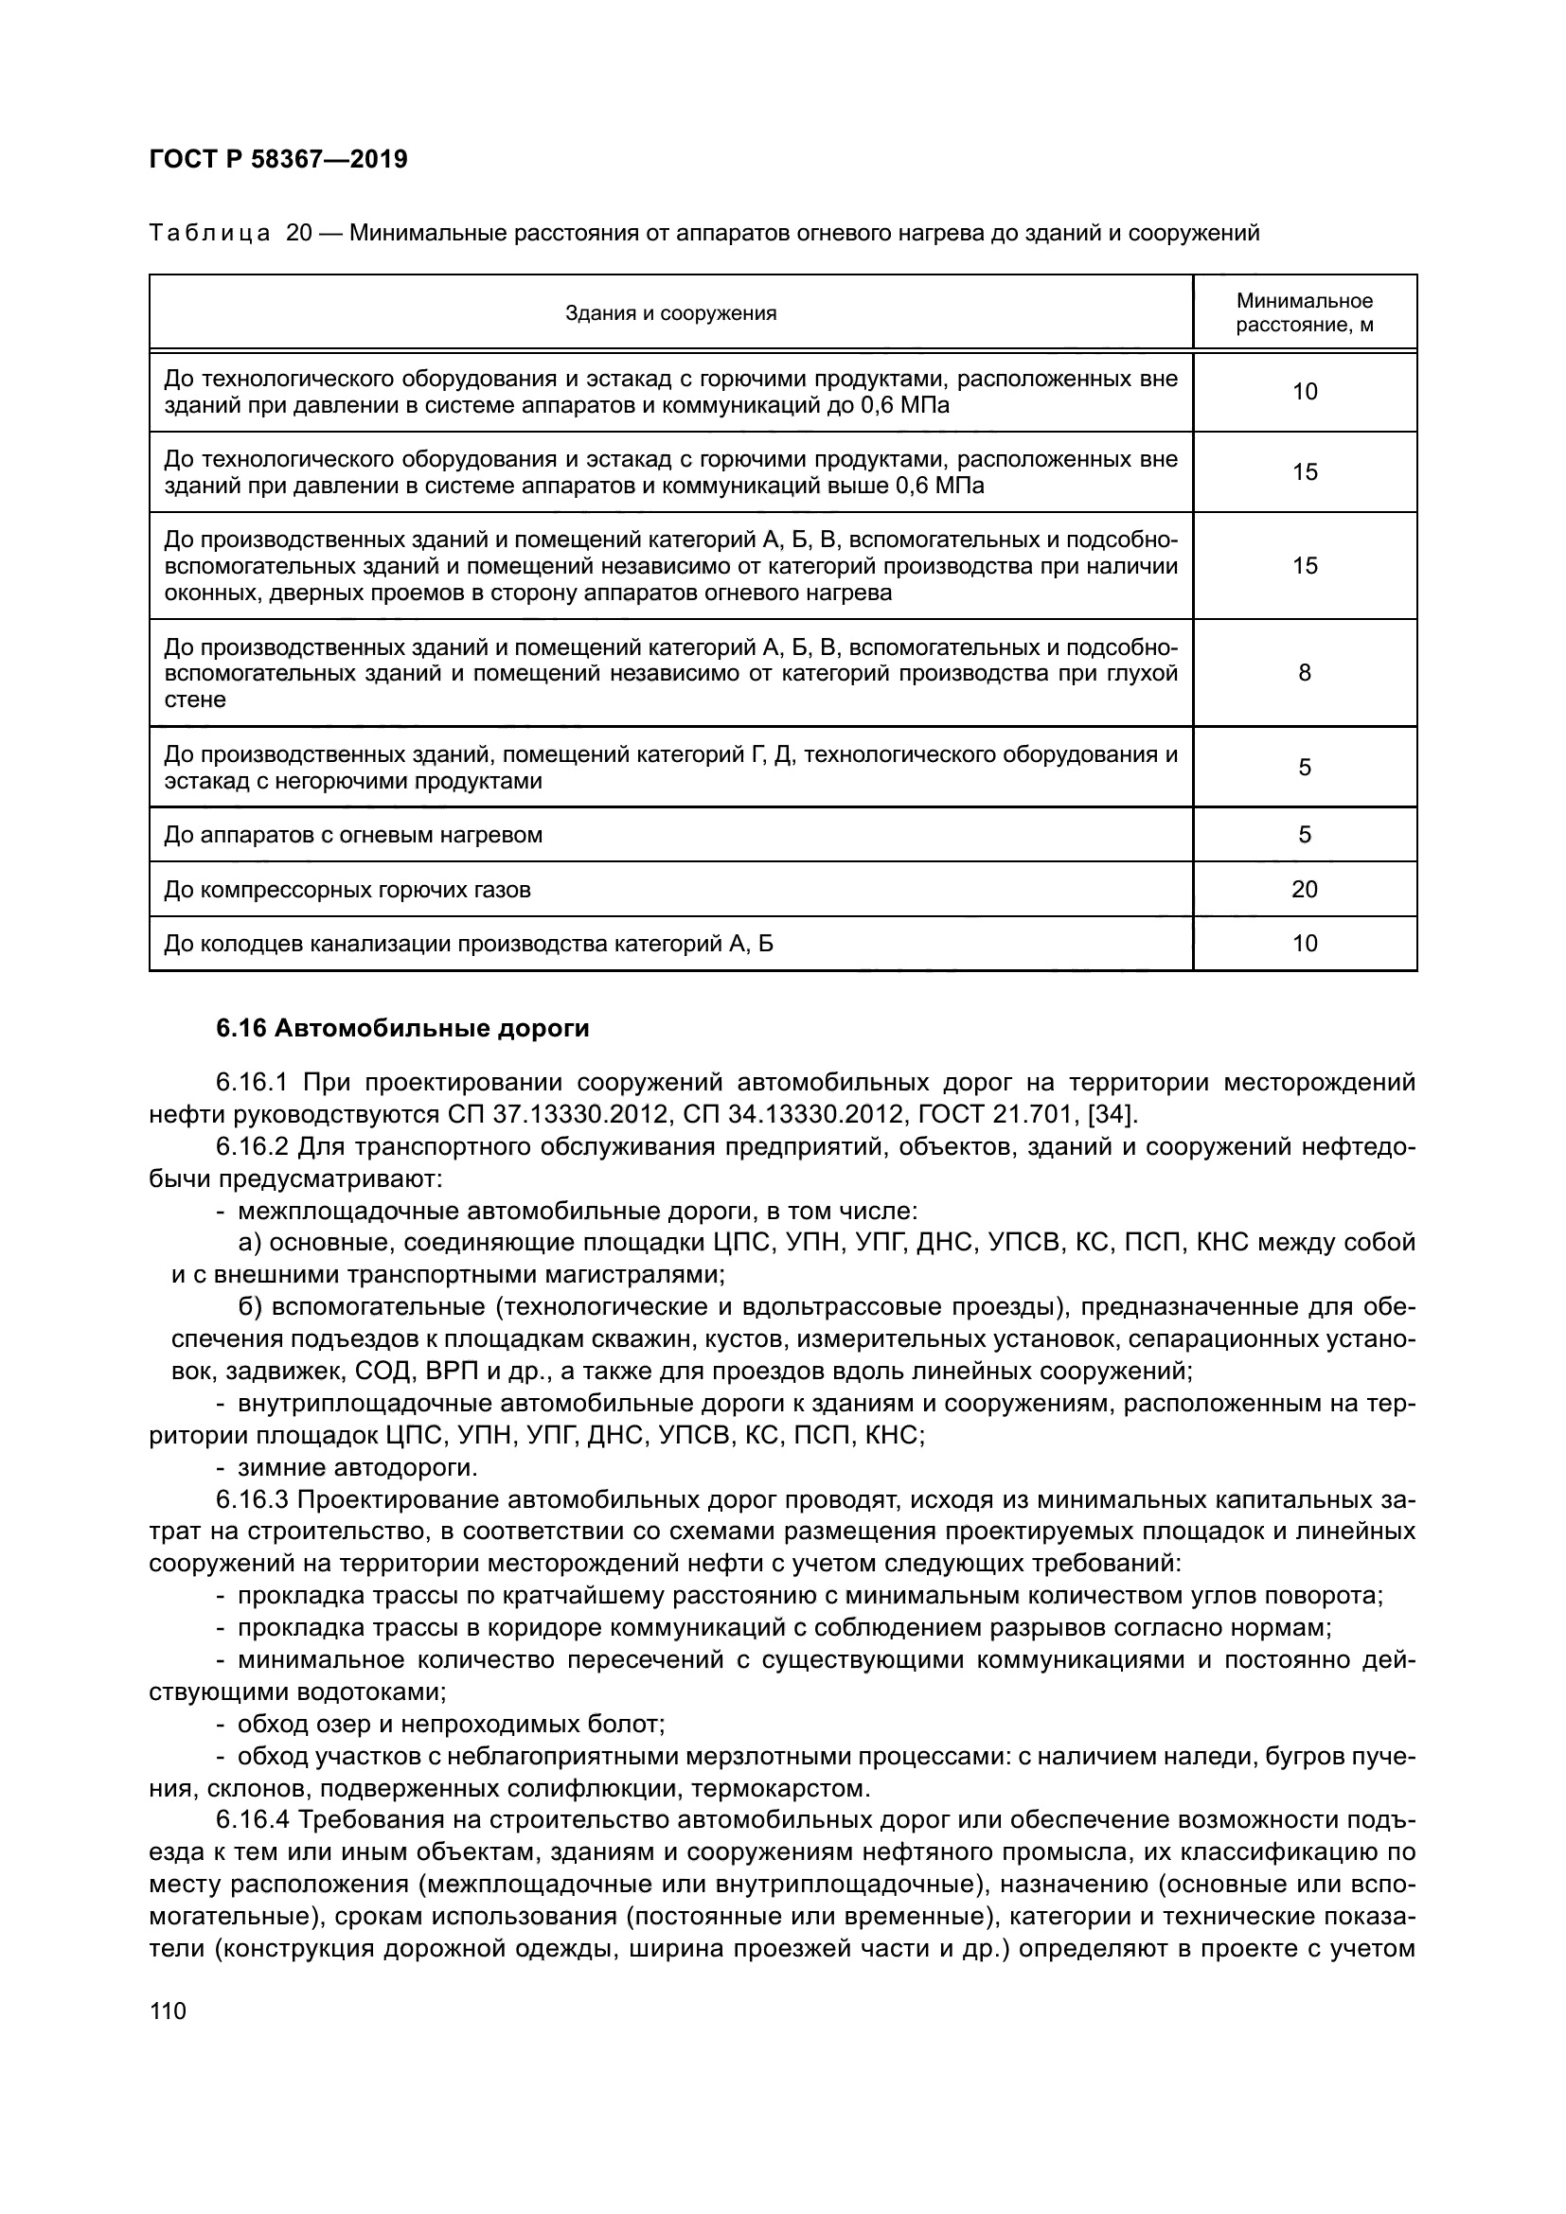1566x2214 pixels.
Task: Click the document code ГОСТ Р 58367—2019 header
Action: tap(278, 159)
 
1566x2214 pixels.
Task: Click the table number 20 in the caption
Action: tap(300, 234)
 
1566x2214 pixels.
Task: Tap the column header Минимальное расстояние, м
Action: tap(1304, 313)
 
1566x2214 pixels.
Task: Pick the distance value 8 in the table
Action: tap(1304, 673)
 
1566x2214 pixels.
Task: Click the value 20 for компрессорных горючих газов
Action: tap(1304, 889)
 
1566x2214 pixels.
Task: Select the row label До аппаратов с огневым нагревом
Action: tap(353, 835)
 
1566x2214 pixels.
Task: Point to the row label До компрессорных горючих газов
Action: tap(347, 889)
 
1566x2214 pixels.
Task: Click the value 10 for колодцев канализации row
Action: tap(1304, 943)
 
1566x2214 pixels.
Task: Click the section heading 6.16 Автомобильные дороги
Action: tap(402, 1029)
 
